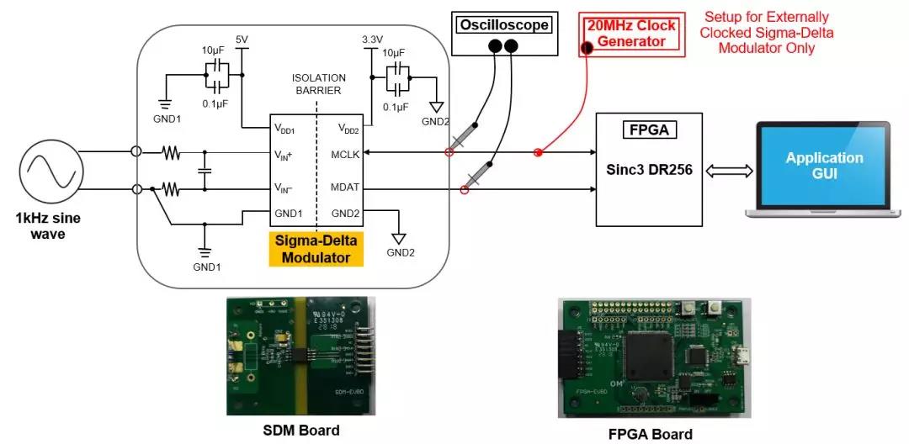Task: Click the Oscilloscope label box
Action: coord(502,24)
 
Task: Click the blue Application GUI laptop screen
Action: coord(823,164)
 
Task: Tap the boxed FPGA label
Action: coord(649,131)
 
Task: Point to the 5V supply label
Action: coord(242,40)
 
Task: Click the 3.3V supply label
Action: coord(371,40)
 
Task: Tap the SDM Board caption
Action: coord(300,431)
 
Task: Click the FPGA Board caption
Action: coord(651,434)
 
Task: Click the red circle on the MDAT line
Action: coord(463,190)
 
